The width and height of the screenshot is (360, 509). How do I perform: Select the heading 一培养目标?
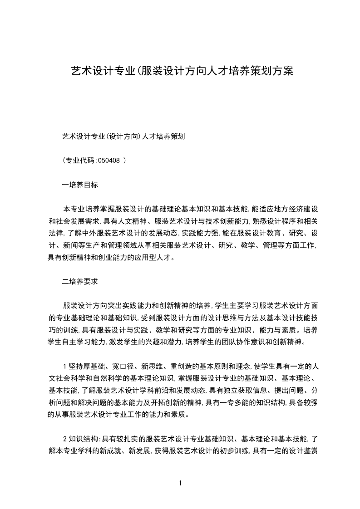[80, 185]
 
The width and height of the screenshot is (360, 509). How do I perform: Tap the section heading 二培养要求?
[80, 281]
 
